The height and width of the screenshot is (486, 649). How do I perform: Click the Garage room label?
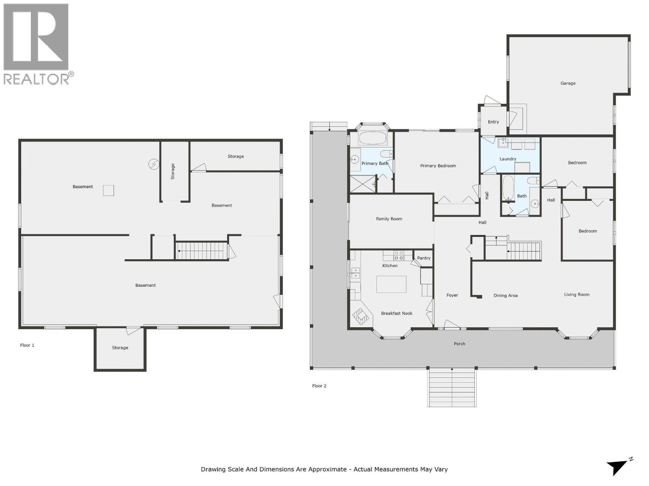point(568,83)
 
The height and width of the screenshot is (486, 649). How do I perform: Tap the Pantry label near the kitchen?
point(423,258)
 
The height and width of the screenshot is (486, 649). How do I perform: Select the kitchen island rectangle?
point(391,284)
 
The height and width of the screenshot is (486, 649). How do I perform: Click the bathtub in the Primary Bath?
point(373,138)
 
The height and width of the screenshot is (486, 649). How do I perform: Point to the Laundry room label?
point(508,159)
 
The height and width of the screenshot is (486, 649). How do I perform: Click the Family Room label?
point(389,219)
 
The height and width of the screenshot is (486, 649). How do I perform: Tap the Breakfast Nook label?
point(396,313)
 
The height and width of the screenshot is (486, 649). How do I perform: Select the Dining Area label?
point(505,295)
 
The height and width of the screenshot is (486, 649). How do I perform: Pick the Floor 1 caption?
point(27,345)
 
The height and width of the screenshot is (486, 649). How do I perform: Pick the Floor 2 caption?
point(319,386)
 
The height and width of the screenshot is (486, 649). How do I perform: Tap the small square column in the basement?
point(108,190)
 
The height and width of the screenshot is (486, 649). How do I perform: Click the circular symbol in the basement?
point(154,164)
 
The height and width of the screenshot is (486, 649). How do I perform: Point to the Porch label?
point(459,343)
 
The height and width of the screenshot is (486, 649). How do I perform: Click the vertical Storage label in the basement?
point(173,171)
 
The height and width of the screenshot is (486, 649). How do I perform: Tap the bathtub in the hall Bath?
point(508,188)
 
